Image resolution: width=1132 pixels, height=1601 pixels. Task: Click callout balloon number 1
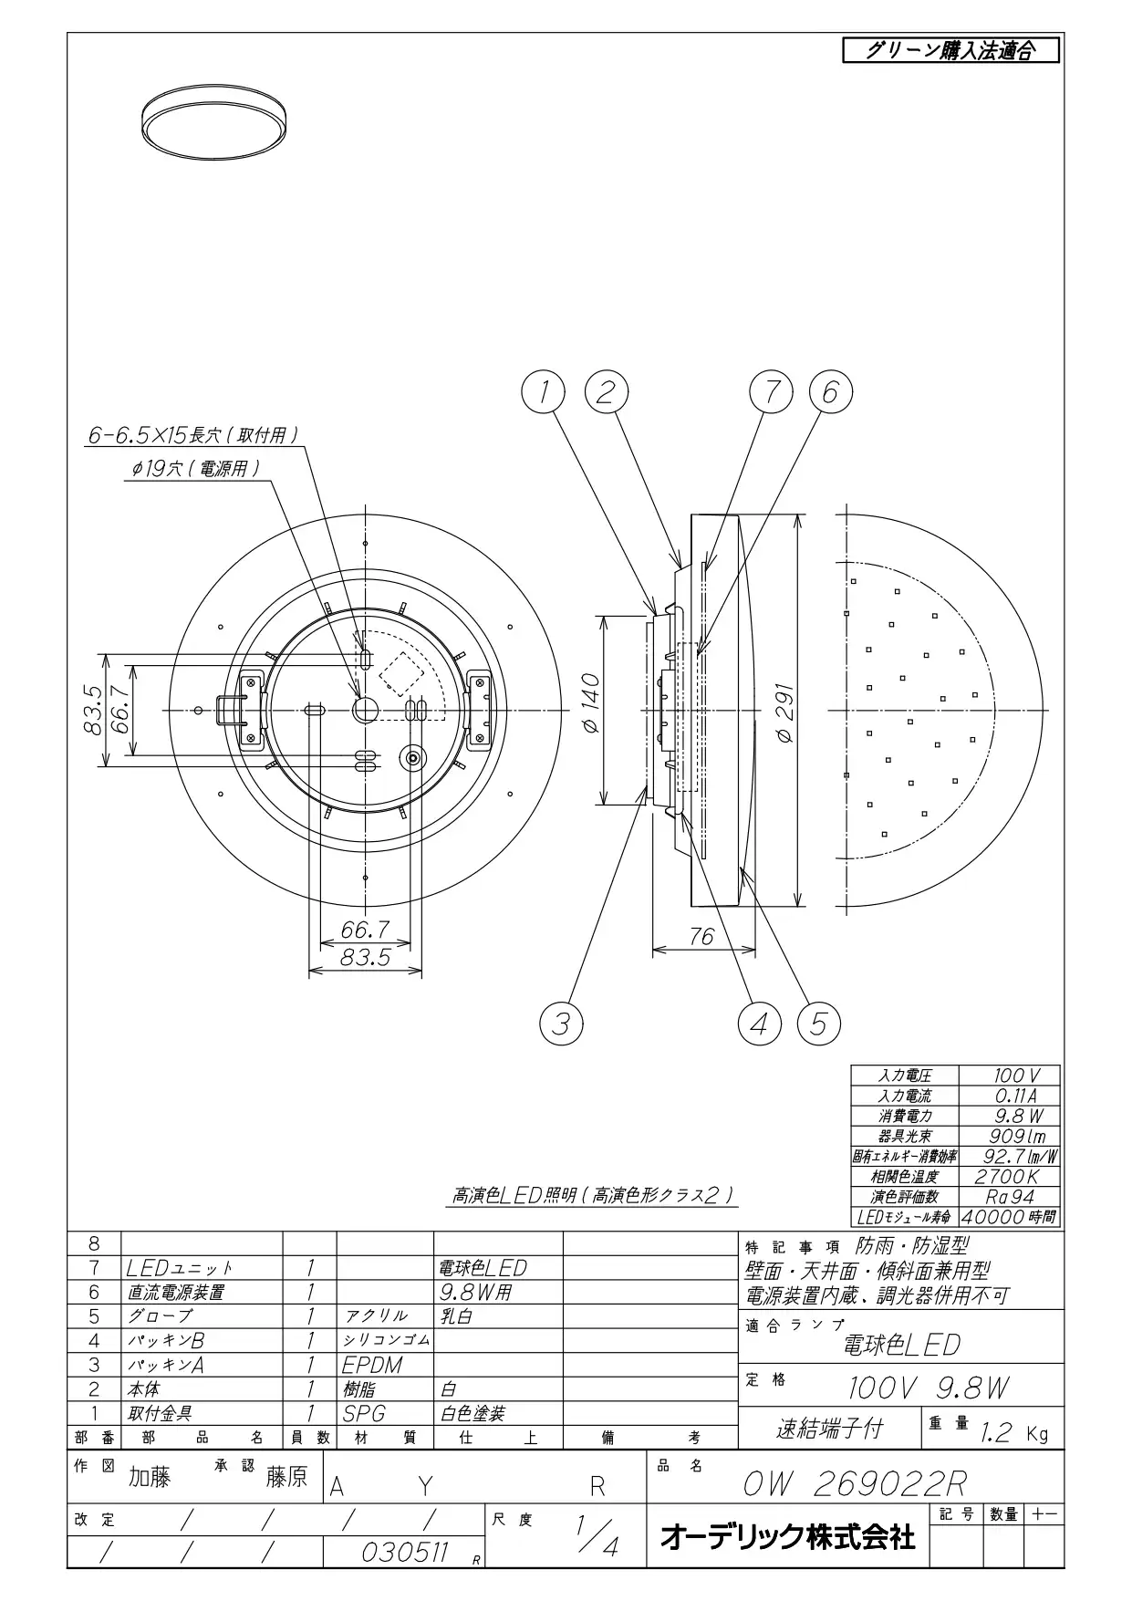pyautogui.click(x=544, y=392)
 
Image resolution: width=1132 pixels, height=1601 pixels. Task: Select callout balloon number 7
pyautogui.click(x=772, y=392)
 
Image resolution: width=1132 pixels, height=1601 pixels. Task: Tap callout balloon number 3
pyautogui.click(x=562, y=1024)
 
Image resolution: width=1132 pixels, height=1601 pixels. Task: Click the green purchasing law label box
pyautogui.click(x=950, y=50)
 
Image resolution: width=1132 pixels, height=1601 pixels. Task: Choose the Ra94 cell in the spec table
pyautogui.click(x=1009, y=1197)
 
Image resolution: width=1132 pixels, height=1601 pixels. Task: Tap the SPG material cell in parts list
pyautogui.click(x=364, y=1414)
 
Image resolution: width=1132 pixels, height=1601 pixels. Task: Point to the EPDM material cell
pyautogui.click(x=372, y=1366)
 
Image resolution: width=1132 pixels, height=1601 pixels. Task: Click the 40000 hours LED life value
pyautogui.click(x=1009, y=1217)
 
